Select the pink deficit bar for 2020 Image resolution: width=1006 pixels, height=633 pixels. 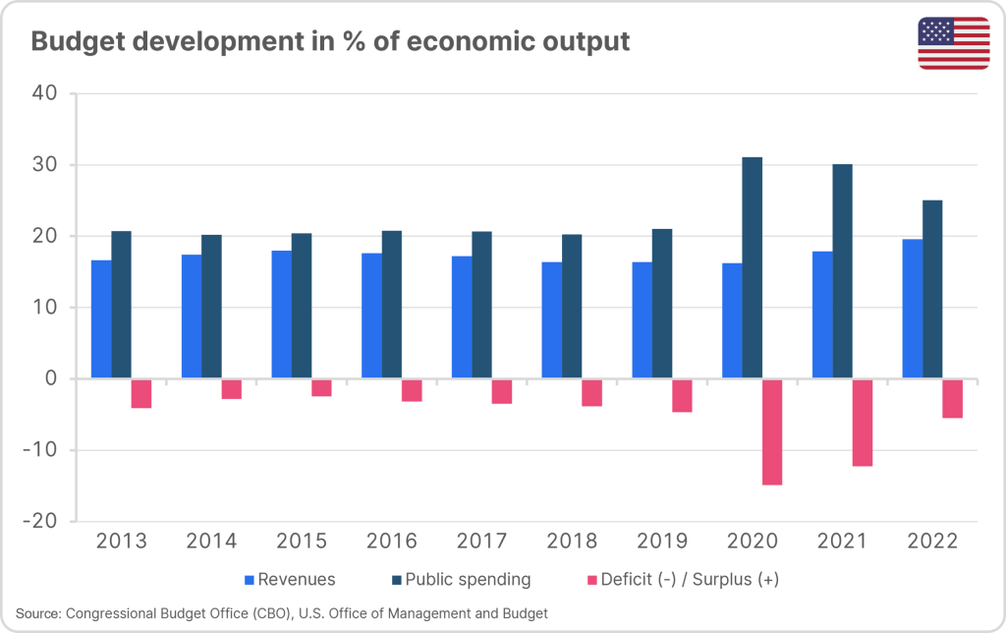(772, 432)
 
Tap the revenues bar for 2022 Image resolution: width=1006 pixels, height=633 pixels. (913, 309)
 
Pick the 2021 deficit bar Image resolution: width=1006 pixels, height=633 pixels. (863, 423)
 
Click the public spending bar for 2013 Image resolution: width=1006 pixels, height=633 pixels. (121, 305)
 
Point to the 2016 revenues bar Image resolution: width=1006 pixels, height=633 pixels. (371, 316)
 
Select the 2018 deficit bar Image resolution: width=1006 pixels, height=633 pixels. (591, 392)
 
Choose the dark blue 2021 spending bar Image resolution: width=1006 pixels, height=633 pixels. (842, 271)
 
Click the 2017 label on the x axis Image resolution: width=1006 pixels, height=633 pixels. (481, 542)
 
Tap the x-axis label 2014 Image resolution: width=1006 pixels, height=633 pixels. (211, 542)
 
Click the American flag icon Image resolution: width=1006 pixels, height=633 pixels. (954, 43)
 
